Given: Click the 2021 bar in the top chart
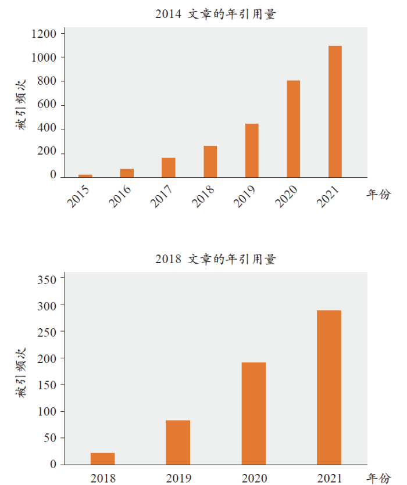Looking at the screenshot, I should pos(335,112).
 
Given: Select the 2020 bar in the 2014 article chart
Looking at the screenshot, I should pos(293,129).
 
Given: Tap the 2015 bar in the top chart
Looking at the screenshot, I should pos(85,175).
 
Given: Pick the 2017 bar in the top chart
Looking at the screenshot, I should pos(168,167).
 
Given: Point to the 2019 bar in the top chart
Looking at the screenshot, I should pos(252,150).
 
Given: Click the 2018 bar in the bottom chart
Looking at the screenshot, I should pos(102,459).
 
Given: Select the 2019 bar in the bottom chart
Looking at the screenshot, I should pos(178,442).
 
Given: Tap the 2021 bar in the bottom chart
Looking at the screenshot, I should pos(329,387).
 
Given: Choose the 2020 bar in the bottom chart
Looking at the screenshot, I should pos(254,414).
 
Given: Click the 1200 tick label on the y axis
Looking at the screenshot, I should pos(44,34).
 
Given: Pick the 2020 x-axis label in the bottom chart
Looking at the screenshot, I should pos(254,478).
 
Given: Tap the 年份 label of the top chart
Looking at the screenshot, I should pos(379,195).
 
